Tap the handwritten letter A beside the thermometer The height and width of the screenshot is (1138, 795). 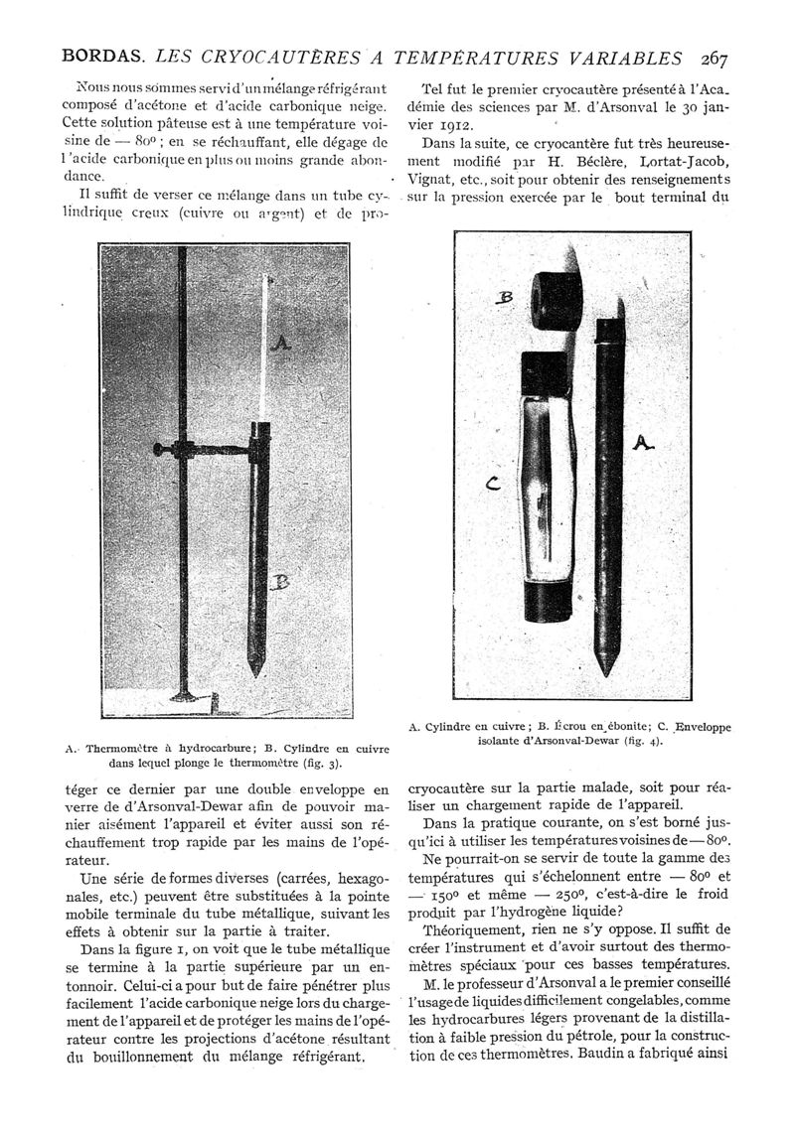[x=280, y=343]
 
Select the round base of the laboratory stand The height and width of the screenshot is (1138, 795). [x=189, y=703]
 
